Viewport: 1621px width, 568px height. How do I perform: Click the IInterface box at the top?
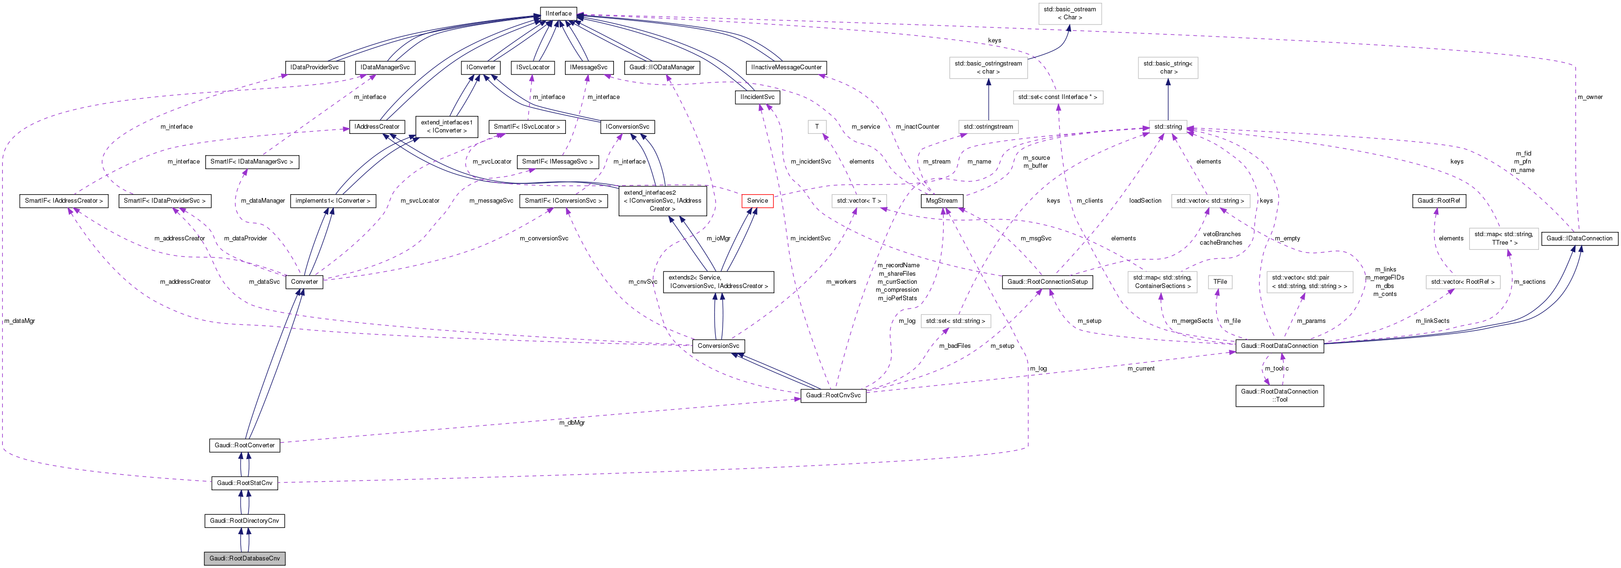[x=558, y=13]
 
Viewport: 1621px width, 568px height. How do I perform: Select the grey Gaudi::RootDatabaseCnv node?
[x=244, y=558]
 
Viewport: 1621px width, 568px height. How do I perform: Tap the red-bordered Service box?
[x=757, y=201]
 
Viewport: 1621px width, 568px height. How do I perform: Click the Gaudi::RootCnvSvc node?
[x=833, y=395]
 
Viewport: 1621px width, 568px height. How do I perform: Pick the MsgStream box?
[x=942, y=201]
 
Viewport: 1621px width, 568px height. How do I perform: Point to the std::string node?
[x=1168, y=127]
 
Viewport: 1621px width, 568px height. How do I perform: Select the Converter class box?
[x=305, y=281]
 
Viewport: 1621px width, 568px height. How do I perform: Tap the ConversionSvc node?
[x=718, y=346]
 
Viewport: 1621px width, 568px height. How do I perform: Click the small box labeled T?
[x=817, y=127]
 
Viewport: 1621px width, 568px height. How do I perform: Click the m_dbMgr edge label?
[x=572, y=422]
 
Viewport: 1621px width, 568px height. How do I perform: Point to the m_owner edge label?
[x=1589, y=97]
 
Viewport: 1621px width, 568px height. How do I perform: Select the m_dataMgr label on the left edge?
[x=19, y=321]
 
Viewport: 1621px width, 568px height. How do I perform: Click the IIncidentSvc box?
[x=757, y=97]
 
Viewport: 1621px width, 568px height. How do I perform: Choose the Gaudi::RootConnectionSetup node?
[x=1047, y=281]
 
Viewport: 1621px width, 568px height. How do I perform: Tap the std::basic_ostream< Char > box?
[x=1070, y=13]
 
